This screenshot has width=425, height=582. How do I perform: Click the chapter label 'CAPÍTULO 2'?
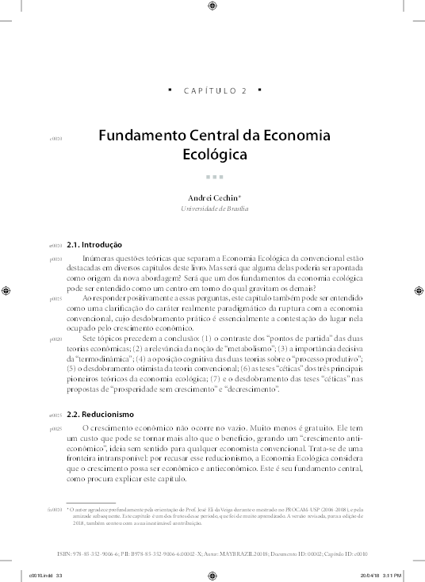click(215, 91)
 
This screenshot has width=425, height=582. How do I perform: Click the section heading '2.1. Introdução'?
click(94, 245)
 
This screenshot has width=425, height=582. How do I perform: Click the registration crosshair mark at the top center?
click(212, 8)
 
